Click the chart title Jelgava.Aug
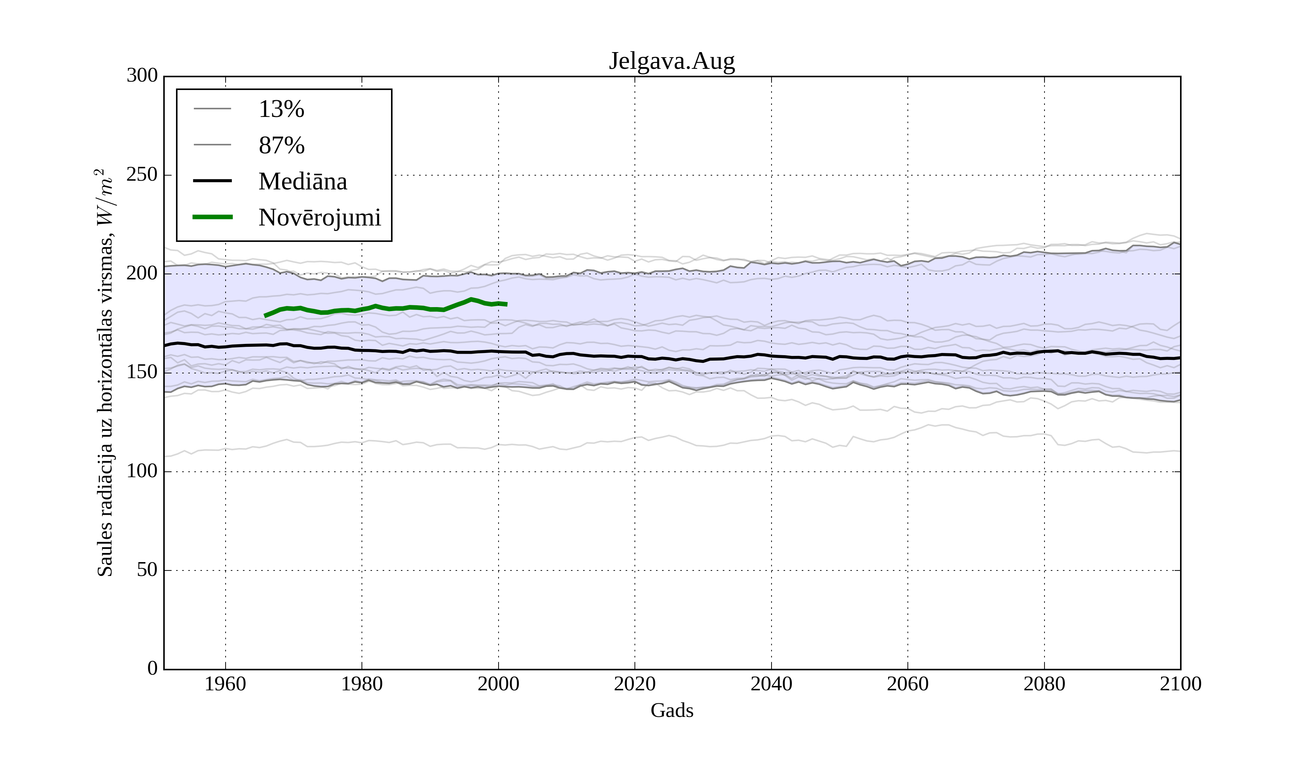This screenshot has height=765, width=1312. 672,62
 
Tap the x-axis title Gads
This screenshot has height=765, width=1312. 672,711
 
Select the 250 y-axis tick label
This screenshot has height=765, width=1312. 142,175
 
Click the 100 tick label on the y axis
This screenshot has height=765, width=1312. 142,471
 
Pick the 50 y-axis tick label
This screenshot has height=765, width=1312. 147,570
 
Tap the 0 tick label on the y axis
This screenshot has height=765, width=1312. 153,669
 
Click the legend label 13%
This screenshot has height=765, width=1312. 281,109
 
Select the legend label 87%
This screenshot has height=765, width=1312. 281,146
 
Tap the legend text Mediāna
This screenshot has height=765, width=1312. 302,182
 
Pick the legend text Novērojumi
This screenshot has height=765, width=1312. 320,217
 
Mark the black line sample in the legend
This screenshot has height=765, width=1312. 212,181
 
